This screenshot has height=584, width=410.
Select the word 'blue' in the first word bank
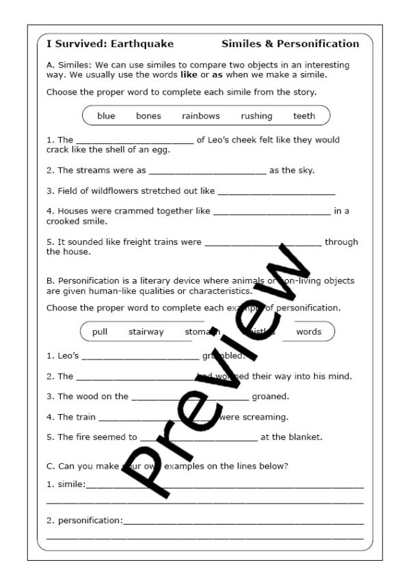coord(106,116)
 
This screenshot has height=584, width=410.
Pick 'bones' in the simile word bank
coord(148,116)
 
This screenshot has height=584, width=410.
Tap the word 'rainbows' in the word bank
coord(201,116)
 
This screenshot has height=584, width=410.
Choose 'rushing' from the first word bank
coord(256,116)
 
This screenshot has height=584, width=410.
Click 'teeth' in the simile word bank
coord(304,116)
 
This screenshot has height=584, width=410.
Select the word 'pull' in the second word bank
coord(100,332)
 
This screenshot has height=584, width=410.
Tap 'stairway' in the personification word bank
coord(146,332)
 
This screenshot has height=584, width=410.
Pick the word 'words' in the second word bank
coord(308,332)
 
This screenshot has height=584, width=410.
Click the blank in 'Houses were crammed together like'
coord(271,212)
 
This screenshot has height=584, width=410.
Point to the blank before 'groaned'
coord(189,397)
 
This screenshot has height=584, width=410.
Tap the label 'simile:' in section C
coord(71,484)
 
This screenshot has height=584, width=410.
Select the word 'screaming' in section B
coord(264,417)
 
